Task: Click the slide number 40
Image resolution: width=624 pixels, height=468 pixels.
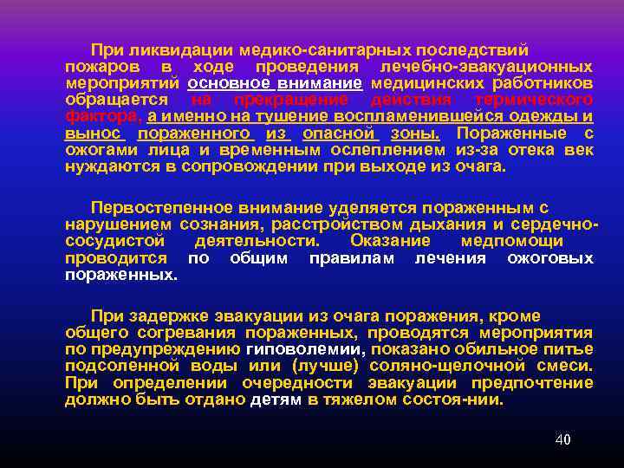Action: (562, 439)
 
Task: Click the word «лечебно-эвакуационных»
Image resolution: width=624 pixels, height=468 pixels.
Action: (481, 67)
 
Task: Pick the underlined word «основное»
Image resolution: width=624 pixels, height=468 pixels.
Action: (228, 83)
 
